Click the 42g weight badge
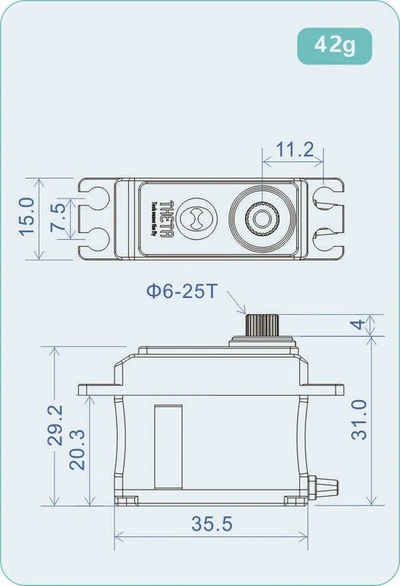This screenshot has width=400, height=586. (334, 46)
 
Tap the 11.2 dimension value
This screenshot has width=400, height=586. (294, 150)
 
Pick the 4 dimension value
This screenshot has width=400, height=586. (359, 325)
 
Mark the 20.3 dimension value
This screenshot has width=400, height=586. (77, 449)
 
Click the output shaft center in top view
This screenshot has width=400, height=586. (260, 219)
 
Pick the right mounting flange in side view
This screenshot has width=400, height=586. (326, 389)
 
